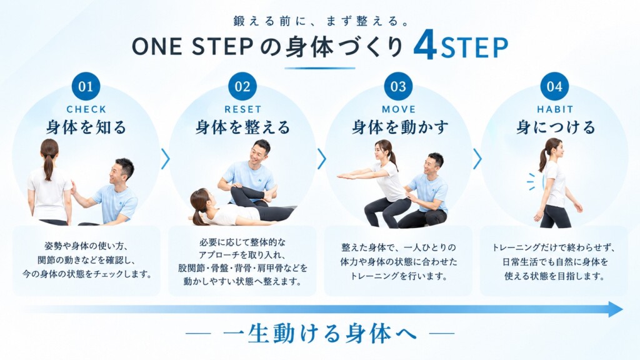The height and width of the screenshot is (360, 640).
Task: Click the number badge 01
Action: tap(86, 86)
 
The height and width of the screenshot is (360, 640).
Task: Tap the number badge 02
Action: tap(242, 86)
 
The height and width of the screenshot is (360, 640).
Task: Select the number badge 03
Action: tap(398, 86)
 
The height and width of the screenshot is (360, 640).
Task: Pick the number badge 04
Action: tap(555, 86)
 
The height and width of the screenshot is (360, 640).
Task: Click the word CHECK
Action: tap(86, 109)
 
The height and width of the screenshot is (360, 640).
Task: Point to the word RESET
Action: tap(243, 109)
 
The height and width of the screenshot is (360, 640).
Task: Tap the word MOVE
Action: tap(399, 109)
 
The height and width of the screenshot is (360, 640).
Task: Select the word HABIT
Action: tap(555, 109)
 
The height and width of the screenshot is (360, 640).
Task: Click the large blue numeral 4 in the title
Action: tap(425, 47)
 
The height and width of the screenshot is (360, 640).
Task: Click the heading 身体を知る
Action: tap(86, 127)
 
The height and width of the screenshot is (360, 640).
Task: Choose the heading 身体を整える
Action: tap(243, 127)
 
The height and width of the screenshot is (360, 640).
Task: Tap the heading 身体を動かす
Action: tap(400, 127)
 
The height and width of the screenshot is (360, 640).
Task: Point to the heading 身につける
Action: tap(556, 127)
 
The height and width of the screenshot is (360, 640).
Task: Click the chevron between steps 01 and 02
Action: tap(166, 159)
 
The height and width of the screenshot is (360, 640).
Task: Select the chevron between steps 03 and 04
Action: tap(477, 159)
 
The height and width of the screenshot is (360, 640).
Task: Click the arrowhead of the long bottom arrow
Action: tap(616, 309)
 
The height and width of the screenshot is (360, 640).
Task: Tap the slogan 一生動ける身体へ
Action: tap(320, 333)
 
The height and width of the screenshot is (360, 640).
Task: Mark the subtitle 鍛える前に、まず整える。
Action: tap(321, 21)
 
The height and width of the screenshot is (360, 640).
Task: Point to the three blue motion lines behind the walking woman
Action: tap(531, 181)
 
